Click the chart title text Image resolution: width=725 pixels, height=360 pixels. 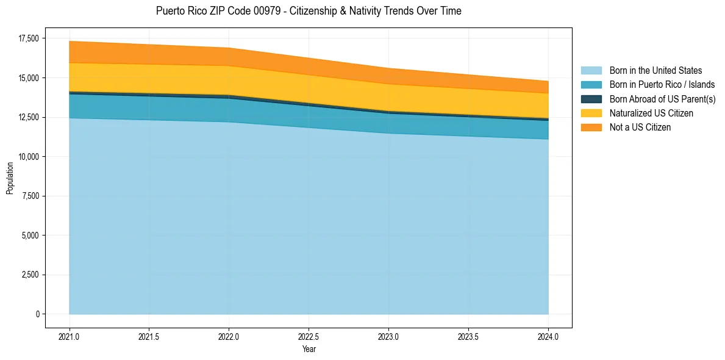coord(309,11)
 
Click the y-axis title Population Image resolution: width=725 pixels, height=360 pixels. coord(10,178)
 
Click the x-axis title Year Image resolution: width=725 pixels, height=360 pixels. coord(309,349)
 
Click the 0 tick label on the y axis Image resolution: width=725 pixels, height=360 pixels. coord(37,314)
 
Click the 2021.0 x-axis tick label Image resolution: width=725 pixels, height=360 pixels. coord(70,336)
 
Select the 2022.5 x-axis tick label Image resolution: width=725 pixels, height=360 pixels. coord(309,336)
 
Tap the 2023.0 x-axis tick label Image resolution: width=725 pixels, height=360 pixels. coord(388,336)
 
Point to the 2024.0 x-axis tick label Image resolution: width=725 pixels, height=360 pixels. coord(548,336)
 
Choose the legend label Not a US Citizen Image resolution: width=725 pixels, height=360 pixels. coord(640,128)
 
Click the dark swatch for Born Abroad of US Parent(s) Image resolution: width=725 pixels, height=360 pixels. coord(591,99)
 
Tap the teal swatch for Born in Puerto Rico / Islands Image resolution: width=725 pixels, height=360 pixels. coord(591,85)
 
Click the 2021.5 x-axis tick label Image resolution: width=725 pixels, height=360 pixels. coord(149,336)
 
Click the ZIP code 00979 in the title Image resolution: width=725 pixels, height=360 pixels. coord(244,11)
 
